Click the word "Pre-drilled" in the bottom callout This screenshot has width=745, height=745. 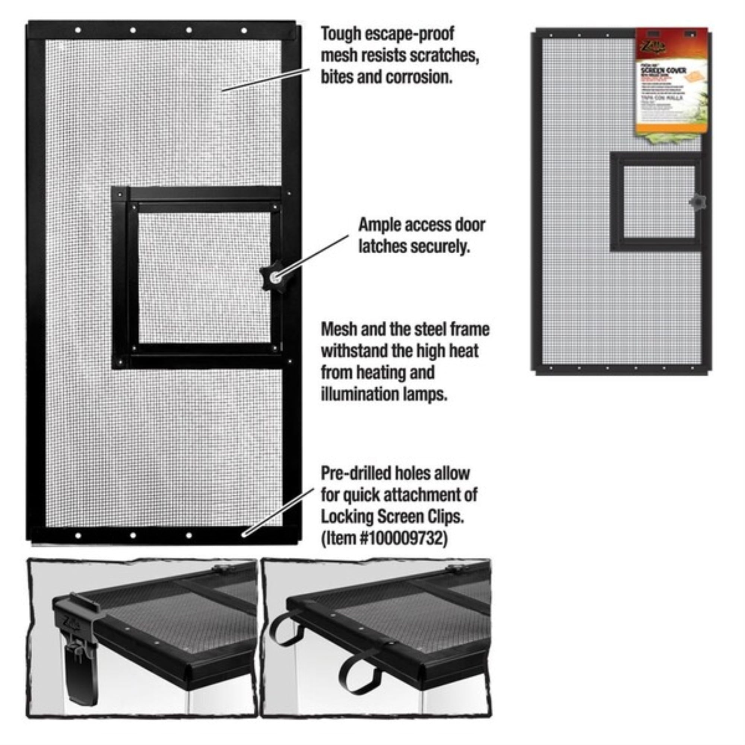pyautogui.click(x=355, y=473)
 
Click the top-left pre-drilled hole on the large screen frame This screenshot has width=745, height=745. pyautogui.click(x=78, y=30)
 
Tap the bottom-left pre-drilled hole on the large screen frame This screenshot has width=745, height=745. pyautogui.click(x=78, y=536)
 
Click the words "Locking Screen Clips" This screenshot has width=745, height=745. pyautogui.click(x=391, y=517)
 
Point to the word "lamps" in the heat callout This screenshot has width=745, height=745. pyautogui.click(x=427, y=394)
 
